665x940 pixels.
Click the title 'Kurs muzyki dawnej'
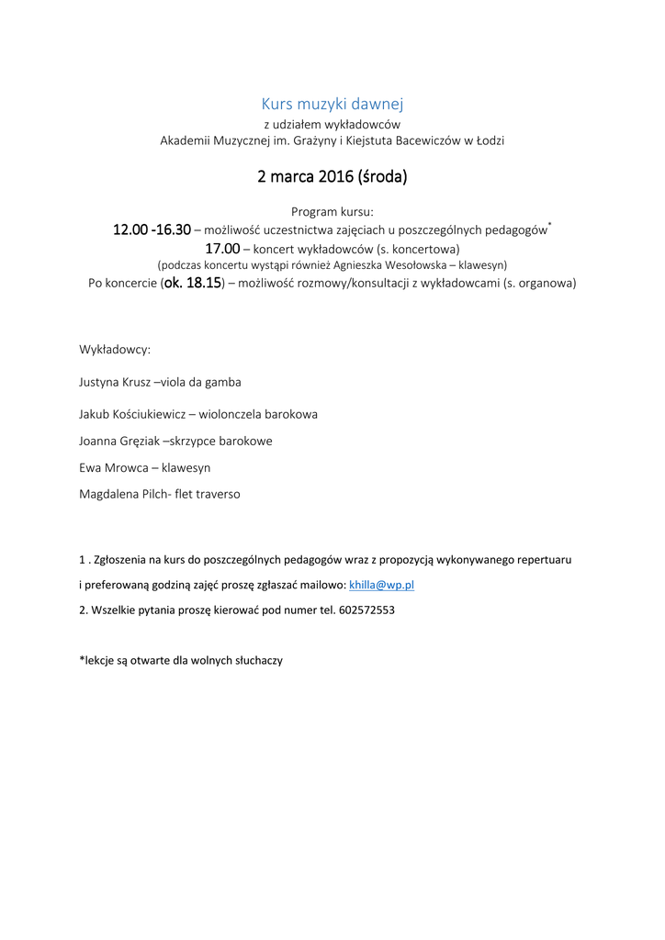pos(332,104)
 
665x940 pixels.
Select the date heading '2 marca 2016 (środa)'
pos(332,176)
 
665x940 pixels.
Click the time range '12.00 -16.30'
pos(152,229)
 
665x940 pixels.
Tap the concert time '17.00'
pos(222,248)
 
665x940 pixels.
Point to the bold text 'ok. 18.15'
pos(193,284)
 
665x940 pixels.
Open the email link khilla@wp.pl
pos(382,585)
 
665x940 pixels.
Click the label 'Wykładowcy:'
pos(115,350)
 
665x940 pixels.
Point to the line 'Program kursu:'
pos(332,211)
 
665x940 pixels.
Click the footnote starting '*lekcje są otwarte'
pos(181,659)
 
